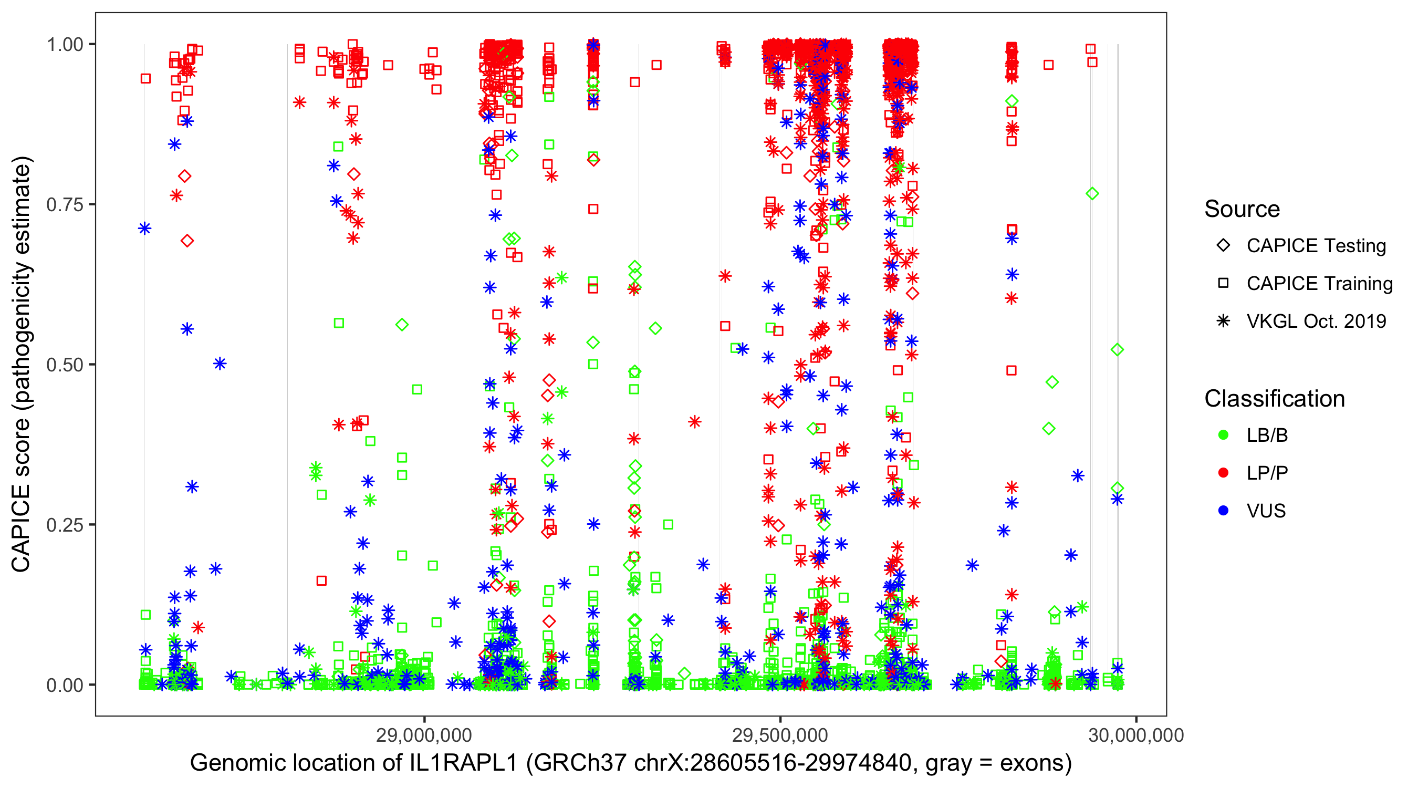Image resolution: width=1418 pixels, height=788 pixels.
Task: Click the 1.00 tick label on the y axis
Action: click(65, 44)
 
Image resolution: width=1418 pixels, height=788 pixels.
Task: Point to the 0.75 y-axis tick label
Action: click(65, 204)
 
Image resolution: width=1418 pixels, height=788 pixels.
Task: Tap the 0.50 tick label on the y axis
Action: click(65, 365)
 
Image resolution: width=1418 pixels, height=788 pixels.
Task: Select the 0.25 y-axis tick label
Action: click(65, 524)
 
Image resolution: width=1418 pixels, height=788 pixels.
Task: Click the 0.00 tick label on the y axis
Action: click(65, 685)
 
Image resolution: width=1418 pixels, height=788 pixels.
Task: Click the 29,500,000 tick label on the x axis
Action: click(780, 735)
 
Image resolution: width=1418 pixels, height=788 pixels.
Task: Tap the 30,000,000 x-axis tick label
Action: click(1135, 735)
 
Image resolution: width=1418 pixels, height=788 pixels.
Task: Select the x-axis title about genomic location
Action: click(631, 763)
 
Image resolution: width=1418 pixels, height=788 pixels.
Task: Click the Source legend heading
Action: click(1242, 209)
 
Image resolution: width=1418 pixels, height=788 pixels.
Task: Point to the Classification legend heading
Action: click(1274, 399)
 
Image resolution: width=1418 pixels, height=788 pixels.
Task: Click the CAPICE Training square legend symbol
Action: click(1223, 283)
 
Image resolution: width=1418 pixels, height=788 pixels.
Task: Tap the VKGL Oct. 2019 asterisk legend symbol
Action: click(1223, 321)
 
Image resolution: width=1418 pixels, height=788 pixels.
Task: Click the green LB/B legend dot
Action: click(1223, 435)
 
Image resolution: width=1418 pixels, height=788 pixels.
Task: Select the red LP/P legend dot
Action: click(1223, 473)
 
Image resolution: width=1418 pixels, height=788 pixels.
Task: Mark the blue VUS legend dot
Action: click(1223, 511)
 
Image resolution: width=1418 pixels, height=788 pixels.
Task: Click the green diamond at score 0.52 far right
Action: click(1117, 350)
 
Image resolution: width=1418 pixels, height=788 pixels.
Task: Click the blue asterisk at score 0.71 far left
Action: click(145, 228)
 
